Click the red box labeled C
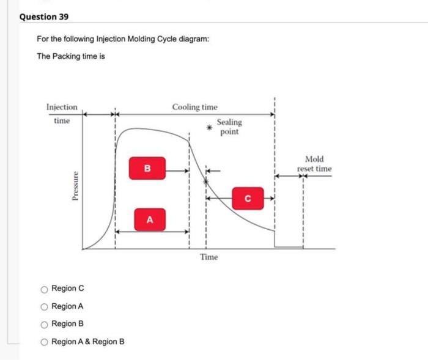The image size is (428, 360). tap(248, 198)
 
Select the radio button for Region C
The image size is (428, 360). tap(44, 288)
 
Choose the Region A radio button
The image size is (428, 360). tap(44, 306)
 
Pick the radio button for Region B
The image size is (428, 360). tap(44, 324)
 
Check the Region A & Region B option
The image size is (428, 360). tap(44, 341)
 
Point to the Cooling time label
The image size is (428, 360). tap(194, 107)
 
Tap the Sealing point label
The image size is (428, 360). tap(229, 127)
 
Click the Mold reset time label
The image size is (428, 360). tap(314, 164)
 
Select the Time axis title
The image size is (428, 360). tap(208, 257)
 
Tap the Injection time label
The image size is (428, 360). tap(62, 114)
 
